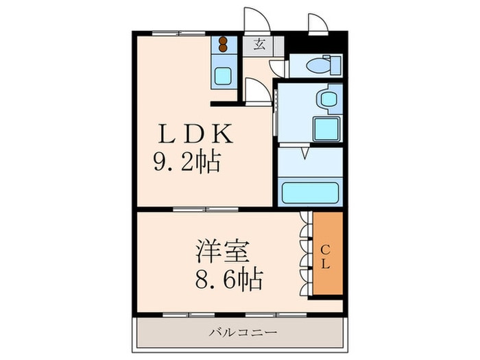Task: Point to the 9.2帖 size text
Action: click(x=186, y=162)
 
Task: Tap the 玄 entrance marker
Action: click(x=260, y=45)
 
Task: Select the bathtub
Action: click(x=310, y=191)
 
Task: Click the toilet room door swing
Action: click(x=278, y=67)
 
